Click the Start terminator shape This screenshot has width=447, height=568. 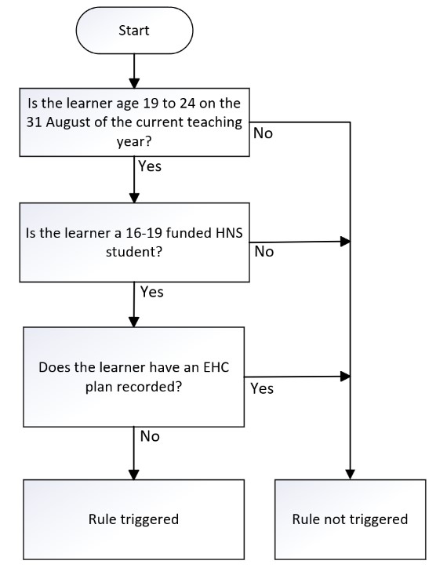134,31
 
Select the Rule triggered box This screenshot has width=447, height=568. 133,519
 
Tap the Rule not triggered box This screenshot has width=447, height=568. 351,519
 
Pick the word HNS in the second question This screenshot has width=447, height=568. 229,232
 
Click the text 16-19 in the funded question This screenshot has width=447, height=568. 144,232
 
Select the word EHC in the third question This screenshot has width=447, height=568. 216,367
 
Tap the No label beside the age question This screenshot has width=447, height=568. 263,133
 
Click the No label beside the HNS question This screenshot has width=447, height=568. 264,251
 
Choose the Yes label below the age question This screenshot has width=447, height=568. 150,166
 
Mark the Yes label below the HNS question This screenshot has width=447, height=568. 152,292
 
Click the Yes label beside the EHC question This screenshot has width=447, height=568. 262,388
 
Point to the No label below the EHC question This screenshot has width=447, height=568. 150,436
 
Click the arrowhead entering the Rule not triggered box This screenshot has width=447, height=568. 351,475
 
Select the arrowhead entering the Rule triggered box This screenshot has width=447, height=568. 134,475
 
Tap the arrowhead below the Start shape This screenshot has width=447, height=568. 134,83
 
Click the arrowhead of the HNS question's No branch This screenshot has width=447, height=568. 346,242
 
